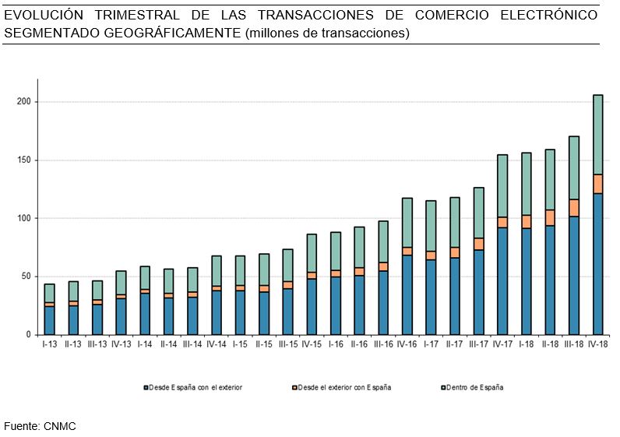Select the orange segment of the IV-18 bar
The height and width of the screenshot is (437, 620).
(x=598, y=184)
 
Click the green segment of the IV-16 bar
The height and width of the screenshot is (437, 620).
(x=407, y=223)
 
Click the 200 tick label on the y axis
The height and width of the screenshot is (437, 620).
(x=23, y=102)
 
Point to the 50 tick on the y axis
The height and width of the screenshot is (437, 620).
(x=26, y=277)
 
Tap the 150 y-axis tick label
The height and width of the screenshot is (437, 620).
(x=23, y=160)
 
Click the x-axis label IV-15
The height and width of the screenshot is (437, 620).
(x=311, y=344)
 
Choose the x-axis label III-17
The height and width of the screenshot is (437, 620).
(x=478, y=344)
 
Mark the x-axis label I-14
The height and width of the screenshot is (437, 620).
(x=144, y=344)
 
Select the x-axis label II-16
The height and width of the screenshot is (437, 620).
(x=359, y=344)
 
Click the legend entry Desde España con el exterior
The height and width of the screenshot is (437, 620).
(x=196, y=387)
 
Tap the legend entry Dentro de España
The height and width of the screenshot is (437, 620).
(x=474, y=387)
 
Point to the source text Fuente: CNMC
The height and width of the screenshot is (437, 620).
(x=40, y=425)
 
